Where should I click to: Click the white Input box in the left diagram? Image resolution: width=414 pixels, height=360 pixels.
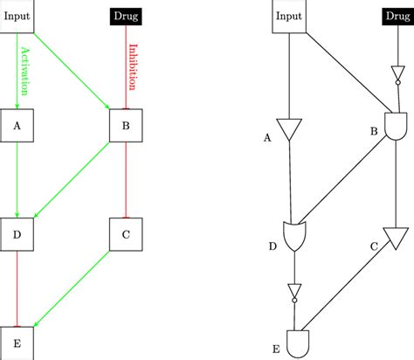(17, 16)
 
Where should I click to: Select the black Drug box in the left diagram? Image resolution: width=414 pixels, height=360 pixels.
(128, 16)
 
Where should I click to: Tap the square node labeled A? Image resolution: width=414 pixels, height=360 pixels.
(17, 126)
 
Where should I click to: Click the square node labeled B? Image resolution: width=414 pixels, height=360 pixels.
(127, 126)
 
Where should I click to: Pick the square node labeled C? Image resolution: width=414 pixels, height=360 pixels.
(127, 234)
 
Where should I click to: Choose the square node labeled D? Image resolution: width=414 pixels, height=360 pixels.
(17, 234)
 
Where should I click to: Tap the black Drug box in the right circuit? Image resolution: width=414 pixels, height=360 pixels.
(397, 16)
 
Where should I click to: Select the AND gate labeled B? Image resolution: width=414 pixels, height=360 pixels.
(397, 128)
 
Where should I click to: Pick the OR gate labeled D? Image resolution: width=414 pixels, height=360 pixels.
(293, 235)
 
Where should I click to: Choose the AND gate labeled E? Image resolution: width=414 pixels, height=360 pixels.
(300, 343)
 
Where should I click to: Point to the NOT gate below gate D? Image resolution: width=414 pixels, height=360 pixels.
(294, 291)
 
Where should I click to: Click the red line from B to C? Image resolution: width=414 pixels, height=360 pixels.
(127, 179)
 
